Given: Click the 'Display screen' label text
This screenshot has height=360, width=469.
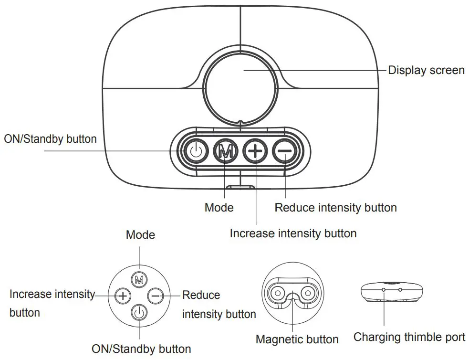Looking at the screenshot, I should tap(426, 70).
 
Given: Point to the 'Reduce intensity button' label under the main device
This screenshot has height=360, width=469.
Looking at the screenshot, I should tap(335, 208).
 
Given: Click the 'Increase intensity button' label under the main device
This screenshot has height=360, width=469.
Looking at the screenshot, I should tap(293, 233).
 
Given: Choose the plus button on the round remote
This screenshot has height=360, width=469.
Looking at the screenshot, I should tap(123, 296).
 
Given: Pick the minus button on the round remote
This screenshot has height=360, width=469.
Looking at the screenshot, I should tap(156, 296).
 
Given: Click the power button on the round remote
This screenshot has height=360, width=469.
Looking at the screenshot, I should tap(139, 312).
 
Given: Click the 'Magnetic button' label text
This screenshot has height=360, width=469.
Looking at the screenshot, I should tap(297, 339).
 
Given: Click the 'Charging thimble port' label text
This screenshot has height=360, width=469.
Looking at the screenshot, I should tap(409, 337).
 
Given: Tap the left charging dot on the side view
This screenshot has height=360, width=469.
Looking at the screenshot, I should tap(384, 289).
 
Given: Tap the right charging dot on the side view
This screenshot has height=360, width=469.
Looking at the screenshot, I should tap(400, 289).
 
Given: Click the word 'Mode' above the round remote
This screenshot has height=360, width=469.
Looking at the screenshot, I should tap(140, 234).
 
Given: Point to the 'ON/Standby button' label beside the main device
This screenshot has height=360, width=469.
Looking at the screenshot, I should tap(50, 139).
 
